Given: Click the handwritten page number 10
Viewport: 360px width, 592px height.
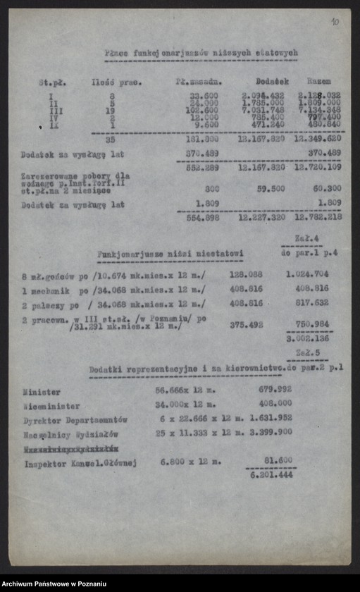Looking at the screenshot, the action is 334,22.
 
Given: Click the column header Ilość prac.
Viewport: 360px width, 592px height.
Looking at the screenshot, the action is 116,82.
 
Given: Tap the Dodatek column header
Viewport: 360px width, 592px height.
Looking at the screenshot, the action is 272,81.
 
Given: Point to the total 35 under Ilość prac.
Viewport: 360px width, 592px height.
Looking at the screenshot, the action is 110,139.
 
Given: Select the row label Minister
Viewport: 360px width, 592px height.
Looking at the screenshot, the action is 42,392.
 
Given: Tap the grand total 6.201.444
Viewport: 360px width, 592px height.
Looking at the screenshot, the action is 271,476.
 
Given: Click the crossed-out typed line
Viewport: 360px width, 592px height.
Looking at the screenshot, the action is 70,448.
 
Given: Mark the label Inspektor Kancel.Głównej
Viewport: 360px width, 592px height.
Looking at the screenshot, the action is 80,464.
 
